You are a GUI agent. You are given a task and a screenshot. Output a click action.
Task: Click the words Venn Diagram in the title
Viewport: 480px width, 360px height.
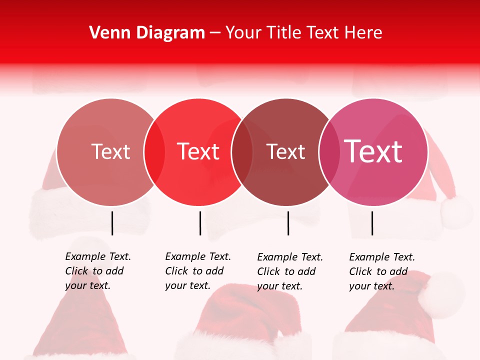point(147,33)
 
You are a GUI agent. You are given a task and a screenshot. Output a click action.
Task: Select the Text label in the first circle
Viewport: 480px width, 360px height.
point(110,151)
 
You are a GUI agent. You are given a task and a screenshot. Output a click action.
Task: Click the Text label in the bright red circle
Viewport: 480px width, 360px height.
point(198,151)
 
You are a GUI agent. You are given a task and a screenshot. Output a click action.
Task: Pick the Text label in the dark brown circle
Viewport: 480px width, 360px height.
point(286,151)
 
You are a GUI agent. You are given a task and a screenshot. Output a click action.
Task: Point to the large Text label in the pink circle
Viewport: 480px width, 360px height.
point(373,151)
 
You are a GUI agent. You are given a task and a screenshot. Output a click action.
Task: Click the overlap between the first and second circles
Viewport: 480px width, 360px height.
point(154,151)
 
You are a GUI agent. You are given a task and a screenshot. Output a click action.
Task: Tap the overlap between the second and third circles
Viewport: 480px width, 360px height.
point(242,151)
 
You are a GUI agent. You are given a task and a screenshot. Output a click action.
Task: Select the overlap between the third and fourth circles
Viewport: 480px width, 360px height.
point(329,151)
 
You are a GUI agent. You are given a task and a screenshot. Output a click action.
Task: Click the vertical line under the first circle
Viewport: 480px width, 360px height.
point(112,223)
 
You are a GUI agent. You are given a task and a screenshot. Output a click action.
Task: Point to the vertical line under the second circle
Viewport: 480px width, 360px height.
point(200,223)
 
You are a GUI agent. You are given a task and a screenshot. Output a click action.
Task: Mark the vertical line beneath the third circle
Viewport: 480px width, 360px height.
point(288,223)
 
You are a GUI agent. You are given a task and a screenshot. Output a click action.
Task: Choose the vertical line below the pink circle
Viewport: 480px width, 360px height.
point(372,223)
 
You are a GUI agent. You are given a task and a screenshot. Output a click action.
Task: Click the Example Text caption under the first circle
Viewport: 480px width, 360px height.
point(97,271)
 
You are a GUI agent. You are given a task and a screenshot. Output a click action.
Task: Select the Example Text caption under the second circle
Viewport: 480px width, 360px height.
point(197,271)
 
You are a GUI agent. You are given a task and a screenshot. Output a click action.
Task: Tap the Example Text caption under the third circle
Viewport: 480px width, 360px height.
point(289,271)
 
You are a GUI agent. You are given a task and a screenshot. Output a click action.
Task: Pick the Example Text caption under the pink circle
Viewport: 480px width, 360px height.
point(381,271)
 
